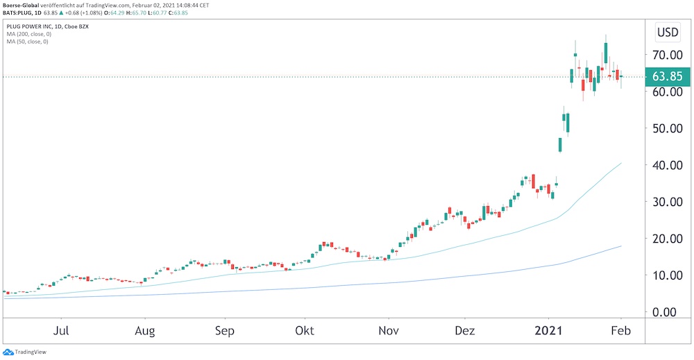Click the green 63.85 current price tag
click(666, 76)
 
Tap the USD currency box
click(668, 32)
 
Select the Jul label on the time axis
click(62, 330)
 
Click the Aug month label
click(144, 330)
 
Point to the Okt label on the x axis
click(304, 330)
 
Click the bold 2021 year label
click(548, 330)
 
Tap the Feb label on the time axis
click(620, 330)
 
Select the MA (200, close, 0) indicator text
click(28, 34)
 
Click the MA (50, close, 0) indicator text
click(26, 42)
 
